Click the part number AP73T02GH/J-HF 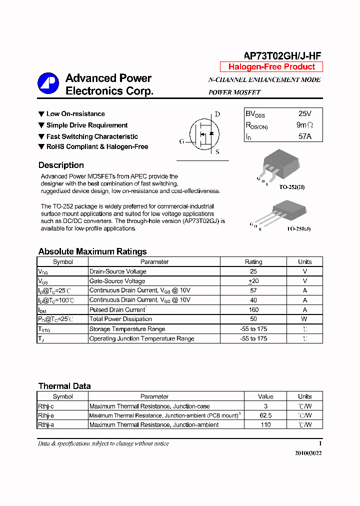pos(282,56)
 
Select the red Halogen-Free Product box pos(271,67)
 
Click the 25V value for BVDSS pos(304,114)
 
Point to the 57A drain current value pos(304,136)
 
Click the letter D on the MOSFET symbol pos(217,114)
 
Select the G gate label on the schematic pos(181,141)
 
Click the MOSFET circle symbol pos(203,134)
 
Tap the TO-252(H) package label pos(291,187)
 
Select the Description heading pos(61,165)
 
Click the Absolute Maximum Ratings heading pos(92,251)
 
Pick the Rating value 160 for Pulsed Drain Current pos(253,309)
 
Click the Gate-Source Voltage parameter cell pos(117,281)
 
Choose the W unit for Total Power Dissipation pos(304,319)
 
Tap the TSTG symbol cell pos(45,329)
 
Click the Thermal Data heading pos(64,386)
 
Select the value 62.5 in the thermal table pos(265,415)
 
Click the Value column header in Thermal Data pos(265,396)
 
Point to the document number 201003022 pos(308,453)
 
